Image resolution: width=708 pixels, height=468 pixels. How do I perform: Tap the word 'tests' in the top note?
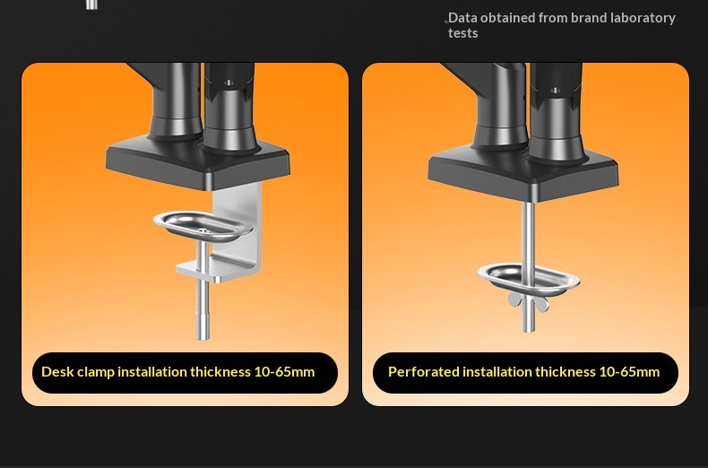coord(462,33)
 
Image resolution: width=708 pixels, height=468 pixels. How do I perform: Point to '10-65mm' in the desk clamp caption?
coord(284,372)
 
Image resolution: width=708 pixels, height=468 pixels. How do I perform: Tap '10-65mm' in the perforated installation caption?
coord(629,372)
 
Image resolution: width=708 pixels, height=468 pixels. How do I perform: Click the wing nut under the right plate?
coord(528,302)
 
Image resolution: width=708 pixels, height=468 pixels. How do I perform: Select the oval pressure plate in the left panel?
coord(203,225)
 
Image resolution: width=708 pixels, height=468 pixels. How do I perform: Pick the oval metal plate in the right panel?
coord(528,279)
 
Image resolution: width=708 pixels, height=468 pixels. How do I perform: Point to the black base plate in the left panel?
coord(198,163)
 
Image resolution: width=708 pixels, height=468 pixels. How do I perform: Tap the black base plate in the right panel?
coord(522,175)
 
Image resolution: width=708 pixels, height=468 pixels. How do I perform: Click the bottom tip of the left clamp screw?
coord(203,339)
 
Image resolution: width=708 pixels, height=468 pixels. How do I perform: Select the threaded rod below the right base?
coord(528,266)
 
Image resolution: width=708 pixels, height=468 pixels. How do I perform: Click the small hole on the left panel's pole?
coord(229,82)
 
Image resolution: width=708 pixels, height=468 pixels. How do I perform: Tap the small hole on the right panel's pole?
coord(556,91)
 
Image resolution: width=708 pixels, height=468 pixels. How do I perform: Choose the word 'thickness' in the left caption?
coord(220,372)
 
